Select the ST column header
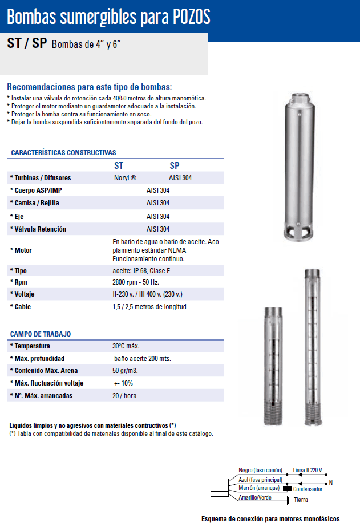click(x=119, y=165)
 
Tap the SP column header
click(x=175, y=165)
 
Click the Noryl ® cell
click(x=126, y=178)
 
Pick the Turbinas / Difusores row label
click(x=41, y=178)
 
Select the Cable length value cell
click(x=149, y=307)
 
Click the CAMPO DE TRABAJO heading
click(x=41, y=334)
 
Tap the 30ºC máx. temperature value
click(x=126, y=346)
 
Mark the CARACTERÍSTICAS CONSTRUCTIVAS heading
click(x=63, y=153)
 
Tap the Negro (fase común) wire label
click(x=261, y=470)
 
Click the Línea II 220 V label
click(x=308, y=470)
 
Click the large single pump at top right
click(x=300, y=165)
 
